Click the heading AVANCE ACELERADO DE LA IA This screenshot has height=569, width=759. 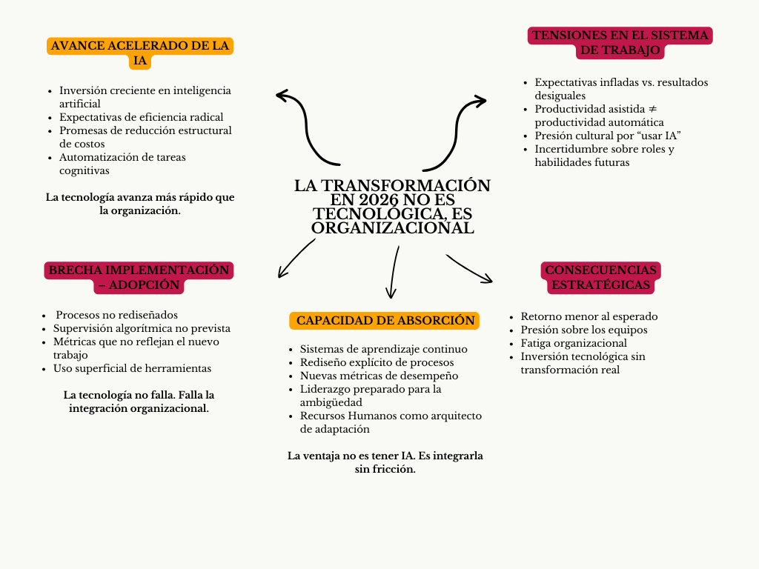(x=140, y=53)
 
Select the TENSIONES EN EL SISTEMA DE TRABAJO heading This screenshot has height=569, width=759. (x=620, y=43)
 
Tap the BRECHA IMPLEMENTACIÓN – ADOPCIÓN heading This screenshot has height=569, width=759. (x=139, y=277)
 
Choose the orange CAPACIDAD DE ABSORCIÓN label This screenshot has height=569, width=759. (x=385, y=321)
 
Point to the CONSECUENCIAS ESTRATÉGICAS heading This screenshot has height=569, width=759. (x=600, y=277)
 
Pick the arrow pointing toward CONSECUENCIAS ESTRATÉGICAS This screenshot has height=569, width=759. (x=469, y=269)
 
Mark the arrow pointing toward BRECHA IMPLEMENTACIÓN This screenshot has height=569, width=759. (x=294, y=259)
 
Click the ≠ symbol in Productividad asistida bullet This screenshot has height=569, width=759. (x=652, y=109)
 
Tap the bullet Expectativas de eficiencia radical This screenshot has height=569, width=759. (x=141, y=117)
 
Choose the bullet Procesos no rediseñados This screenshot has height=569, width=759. (x=116, y=315)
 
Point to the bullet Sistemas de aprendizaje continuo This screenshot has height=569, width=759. (x=383, y=349)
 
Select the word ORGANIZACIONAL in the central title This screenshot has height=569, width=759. (x=392, y=228)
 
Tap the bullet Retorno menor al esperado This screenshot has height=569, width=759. (x=589, y=316)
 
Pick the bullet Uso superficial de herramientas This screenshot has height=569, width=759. (x=132, y=368)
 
